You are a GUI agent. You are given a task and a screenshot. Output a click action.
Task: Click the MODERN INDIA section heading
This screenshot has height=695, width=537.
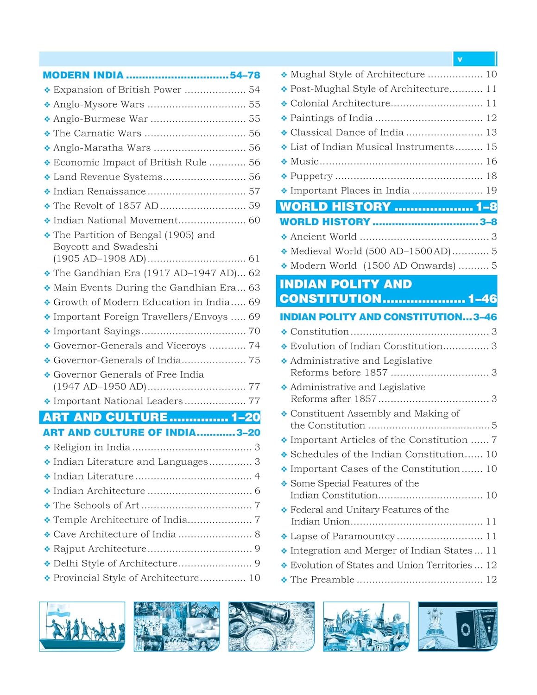tap(83, 75)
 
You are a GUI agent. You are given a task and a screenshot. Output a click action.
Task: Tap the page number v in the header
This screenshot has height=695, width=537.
tap(460, 59)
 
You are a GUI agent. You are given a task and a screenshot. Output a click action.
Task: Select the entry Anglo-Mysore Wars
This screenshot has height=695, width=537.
tap(99, 104)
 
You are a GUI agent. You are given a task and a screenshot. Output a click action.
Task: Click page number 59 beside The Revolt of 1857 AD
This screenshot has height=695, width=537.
tap(254, 206)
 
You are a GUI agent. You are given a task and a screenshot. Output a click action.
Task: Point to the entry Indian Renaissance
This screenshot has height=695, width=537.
tap(100, 191)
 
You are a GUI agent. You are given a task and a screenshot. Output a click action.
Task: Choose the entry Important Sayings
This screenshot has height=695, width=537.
tap(96, 331)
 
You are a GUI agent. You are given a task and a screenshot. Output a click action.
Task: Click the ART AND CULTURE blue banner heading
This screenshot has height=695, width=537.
tap(150, 417)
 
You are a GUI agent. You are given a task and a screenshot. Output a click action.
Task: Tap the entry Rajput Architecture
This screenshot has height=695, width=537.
tap(100, 549)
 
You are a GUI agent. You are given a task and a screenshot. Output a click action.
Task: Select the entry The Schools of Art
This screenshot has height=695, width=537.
tap(96, 505)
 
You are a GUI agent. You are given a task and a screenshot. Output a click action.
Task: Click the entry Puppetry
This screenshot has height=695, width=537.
tap(311, 176)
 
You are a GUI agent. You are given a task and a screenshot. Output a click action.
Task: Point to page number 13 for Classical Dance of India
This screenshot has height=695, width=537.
tap(491, 133)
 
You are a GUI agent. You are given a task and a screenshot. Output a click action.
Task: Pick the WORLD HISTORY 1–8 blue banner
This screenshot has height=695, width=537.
tap(386, 207)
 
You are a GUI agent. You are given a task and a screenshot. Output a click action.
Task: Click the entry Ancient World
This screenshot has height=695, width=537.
tap(323, 237)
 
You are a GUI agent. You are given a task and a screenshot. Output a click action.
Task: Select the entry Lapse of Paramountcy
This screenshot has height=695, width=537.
tap(342, 537)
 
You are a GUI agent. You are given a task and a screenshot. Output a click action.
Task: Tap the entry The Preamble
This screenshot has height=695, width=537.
tap(322, 580)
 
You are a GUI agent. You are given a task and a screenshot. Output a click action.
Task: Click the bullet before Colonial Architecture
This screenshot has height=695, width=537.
tap(284, 104)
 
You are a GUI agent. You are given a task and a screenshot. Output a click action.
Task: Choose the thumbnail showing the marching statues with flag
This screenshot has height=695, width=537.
tap(82, 626)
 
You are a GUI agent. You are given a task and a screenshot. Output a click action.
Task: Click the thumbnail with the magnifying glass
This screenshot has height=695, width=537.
tap(272, 626)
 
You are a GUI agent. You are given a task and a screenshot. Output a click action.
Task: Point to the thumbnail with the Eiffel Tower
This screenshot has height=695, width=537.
tap(366, 626)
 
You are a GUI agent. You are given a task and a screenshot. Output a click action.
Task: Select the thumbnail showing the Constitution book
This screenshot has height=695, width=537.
tap(457, 626)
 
